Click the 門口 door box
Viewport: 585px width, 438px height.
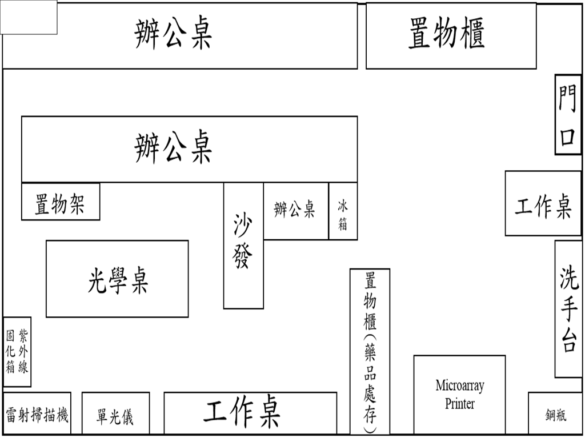coord(568,114)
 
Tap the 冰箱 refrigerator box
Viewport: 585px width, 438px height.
coord(343,211)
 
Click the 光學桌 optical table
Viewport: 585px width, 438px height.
coord(117,279)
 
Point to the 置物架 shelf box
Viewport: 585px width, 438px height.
coord(61,202)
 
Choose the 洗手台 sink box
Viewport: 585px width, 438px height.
coord(568,308)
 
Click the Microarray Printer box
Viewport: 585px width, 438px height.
coord(459,394)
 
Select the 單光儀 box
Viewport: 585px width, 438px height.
coord(115,413)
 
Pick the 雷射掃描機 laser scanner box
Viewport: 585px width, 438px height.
coord(37,413)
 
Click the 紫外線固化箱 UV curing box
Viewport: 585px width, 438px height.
coord(17,351)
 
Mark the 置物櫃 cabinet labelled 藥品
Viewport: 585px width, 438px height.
coord(370,351)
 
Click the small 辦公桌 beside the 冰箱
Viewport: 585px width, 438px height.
coord(295,210)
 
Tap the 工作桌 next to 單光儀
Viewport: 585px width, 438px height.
coord(250,413)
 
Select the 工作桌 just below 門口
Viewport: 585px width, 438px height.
coord(543,203)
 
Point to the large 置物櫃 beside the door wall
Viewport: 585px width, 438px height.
coord(451,35)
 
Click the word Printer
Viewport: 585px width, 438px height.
coord(459,404)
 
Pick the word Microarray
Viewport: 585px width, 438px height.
coord(459,385)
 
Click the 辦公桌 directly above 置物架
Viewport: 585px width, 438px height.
coord(189,148)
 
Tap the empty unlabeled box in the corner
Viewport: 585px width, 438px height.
coord(29,17)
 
